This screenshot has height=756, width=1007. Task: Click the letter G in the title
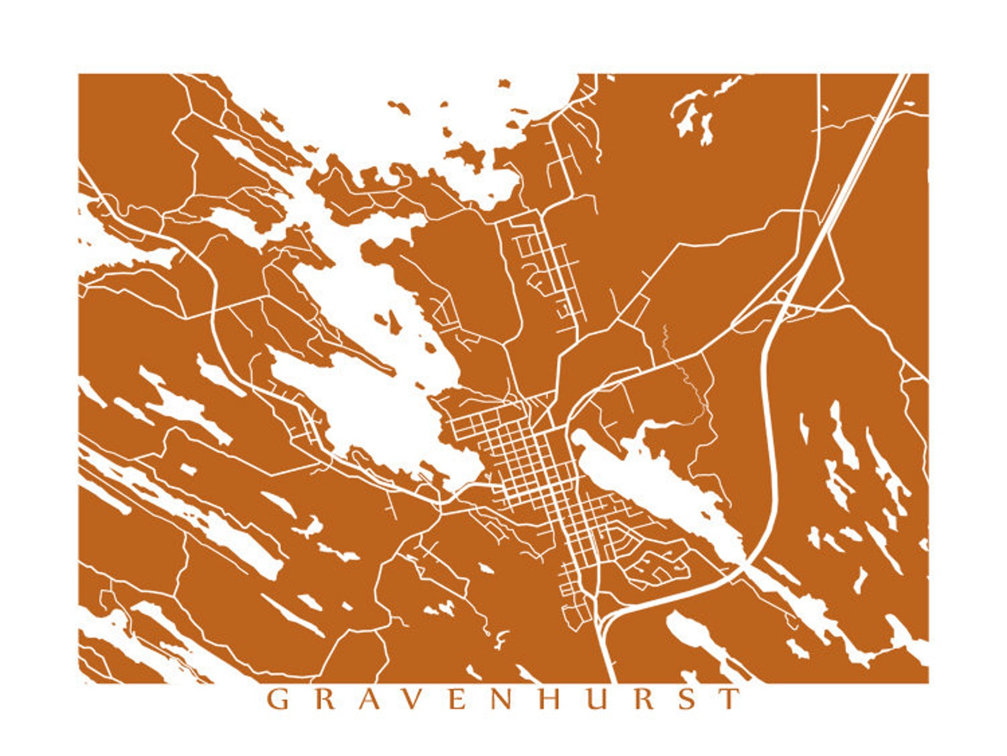[277, 699]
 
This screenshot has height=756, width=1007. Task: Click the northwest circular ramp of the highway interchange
[782, 296]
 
